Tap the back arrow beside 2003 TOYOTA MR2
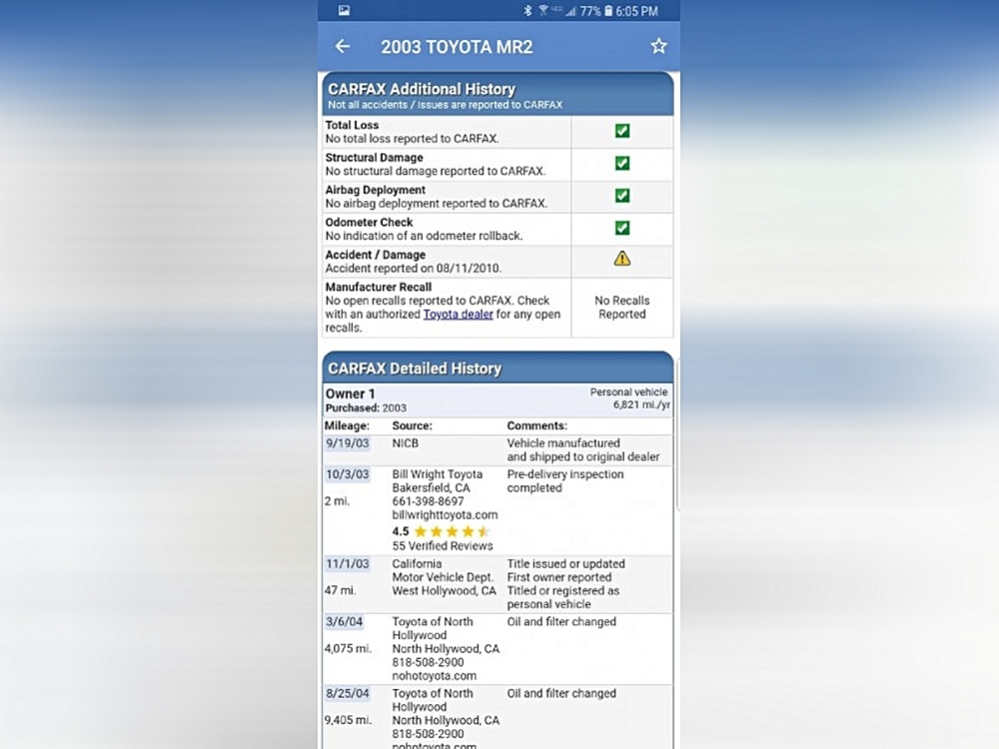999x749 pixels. (x=343, y=46)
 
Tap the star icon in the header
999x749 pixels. (x=658, y=46)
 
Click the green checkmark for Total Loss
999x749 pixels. (x=622, y=131)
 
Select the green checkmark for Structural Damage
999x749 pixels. (x=622, y=164)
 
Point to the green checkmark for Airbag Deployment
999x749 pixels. (x=622, y=196)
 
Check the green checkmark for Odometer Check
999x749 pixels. (x=622, y=228)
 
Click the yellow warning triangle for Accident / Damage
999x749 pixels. (x=622, y=259)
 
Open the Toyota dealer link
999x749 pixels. (x=458, y=315)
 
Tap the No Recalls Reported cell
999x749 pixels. (x=622, y=308)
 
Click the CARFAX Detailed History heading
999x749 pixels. (x=415, y=369)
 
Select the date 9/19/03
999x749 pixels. (x=347, y=443)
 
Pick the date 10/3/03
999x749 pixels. (x=347, y=474)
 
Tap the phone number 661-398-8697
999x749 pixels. (x=428, y=501)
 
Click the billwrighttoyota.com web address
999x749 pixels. (x=445, y=515)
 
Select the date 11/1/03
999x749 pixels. (x=347, y=564)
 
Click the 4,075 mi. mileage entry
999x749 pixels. (x=348, y=648)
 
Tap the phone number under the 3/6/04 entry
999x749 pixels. (x=428, y=662)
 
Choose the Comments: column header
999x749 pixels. (x=536, y=425)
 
